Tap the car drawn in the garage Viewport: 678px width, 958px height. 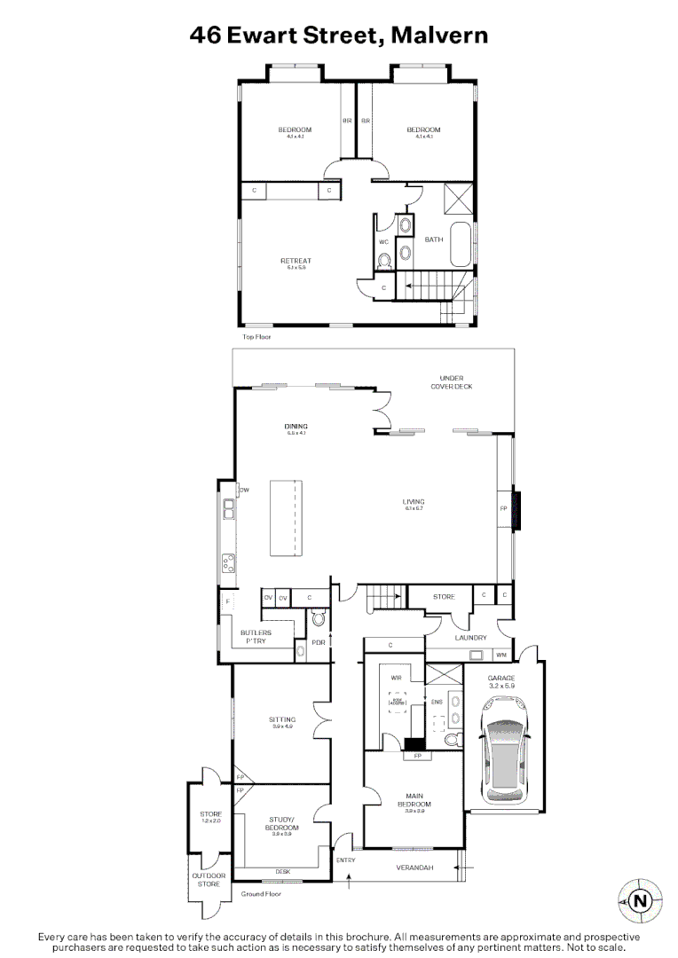coord(502,746)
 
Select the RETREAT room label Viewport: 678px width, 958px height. coord(296,261)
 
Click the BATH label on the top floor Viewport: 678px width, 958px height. coord(433,239)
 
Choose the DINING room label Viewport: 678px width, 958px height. coord(296,427)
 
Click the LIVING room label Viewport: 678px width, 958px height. coord(414,502)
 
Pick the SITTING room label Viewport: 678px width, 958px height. coord(282,719)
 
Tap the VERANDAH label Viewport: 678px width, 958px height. coord(414,868)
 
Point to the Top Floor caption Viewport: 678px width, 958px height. coord(256,337)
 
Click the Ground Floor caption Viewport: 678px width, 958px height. coord(261,894)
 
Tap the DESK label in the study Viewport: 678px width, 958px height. coord(282,871)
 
